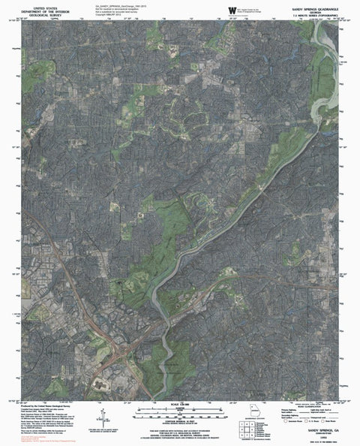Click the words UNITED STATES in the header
37,5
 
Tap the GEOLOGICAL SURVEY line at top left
37,14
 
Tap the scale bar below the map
180,411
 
